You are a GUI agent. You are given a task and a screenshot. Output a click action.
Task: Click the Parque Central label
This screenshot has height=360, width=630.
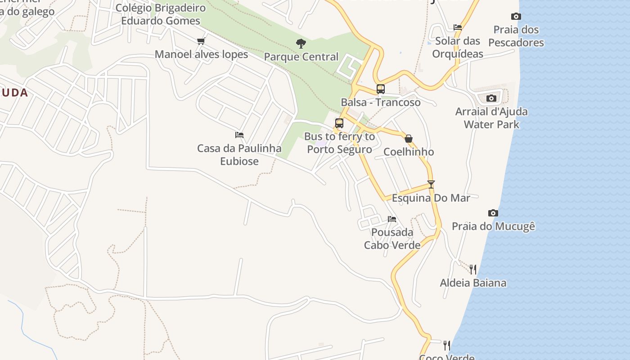coord(301,57)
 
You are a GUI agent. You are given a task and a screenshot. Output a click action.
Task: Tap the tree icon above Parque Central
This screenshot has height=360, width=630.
coord(301,44)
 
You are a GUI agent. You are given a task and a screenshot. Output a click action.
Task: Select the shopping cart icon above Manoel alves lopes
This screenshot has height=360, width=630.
coord(201,41)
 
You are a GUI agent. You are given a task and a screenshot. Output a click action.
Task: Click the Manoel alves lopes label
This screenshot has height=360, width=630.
coord(201,54)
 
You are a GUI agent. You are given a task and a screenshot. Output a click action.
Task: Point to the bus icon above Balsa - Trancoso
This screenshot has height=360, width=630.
coord(381,89)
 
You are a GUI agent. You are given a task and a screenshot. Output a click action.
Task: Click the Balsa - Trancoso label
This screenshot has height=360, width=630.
coord(381,102)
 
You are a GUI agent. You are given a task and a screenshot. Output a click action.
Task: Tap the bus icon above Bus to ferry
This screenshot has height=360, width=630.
coord(339,123)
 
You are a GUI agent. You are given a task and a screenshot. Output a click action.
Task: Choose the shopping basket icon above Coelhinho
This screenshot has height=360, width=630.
coord(409,139)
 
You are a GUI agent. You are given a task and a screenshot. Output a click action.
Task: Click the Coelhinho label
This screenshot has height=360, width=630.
coord(409,152)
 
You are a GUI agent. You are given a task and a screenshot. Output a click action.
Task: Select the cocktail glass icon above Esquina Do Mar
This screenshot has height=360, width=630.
coord(431,184)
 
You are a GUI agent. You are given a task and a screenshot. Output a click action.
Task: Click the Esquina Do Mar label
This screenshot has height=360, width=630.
coord(431,198)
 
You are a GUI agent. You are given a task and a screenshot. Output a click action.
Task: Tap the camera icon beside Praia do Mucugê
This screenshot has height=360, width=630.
coord(493,213)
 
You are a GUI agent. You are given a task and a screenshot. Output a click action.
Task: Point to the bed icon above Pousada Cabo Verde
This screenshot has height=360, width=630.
coord(392,219)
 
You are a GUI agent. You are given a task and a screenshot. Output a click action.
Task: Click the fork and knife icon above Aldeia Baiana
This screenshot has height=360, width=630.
coord(473,270)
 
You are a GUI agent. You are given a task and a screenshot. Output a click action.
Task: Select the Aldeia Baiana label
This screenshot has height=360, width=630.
coord(473,283)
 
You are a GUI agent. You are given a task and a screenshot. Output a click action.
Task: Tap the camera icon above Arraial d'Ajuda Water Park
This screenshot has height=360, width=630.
coord(491,98)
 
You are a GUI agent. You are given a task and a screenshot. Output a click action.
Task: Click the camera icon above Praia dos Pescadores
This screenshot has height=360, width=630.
coord(516,17)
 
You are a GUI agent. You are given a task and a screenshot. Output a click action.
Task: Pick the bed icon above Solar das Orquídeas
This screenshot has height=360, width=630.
coord(458,27)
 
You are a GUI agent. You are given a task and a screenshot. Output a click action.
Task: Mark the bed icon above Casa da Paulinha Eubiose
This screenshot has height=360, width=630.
coord(239,135)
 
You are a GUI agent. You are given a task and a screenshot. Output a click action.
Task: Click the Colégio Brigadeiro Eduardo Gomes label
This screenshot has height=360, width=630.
coord(161,14)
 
